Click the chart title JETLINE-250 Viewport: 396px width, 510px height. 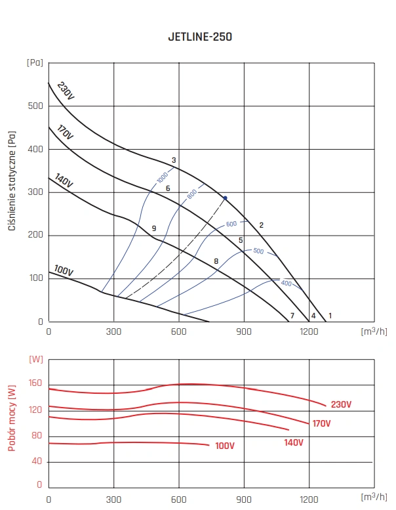point(199,37)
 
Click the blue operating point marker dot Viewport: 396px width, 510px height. point(225,198)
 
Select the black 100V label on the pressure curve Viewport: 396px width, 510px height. point(64,271)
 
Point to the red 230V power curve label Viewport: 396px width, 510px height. point(341,404)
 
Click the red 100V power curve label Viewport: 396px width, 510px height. point(224,446)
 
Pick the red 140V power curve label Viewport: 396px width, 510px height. point(293,442)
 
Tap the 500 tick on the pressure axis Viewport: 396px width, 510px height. point(35,106)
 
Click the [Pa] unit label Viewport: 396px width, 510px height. point(35,63)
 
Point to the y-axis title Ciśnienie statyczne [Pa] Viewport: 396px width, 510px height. point(12,180)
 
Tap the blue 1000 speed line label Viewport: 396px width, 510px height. point(163,177)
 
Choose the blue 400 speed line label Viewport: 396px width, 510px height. point(286,284)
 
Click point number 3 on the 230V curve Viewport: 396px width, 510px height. point(174,160)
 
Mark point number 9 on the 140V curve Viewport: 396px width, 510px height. point(153,228)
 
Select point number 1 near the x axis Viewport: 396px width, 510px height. point(330,316)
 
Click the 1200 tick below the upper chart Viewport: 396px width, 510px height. point(309,331)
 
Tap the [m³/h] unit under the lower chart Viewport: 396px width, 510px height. point(374,499)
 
